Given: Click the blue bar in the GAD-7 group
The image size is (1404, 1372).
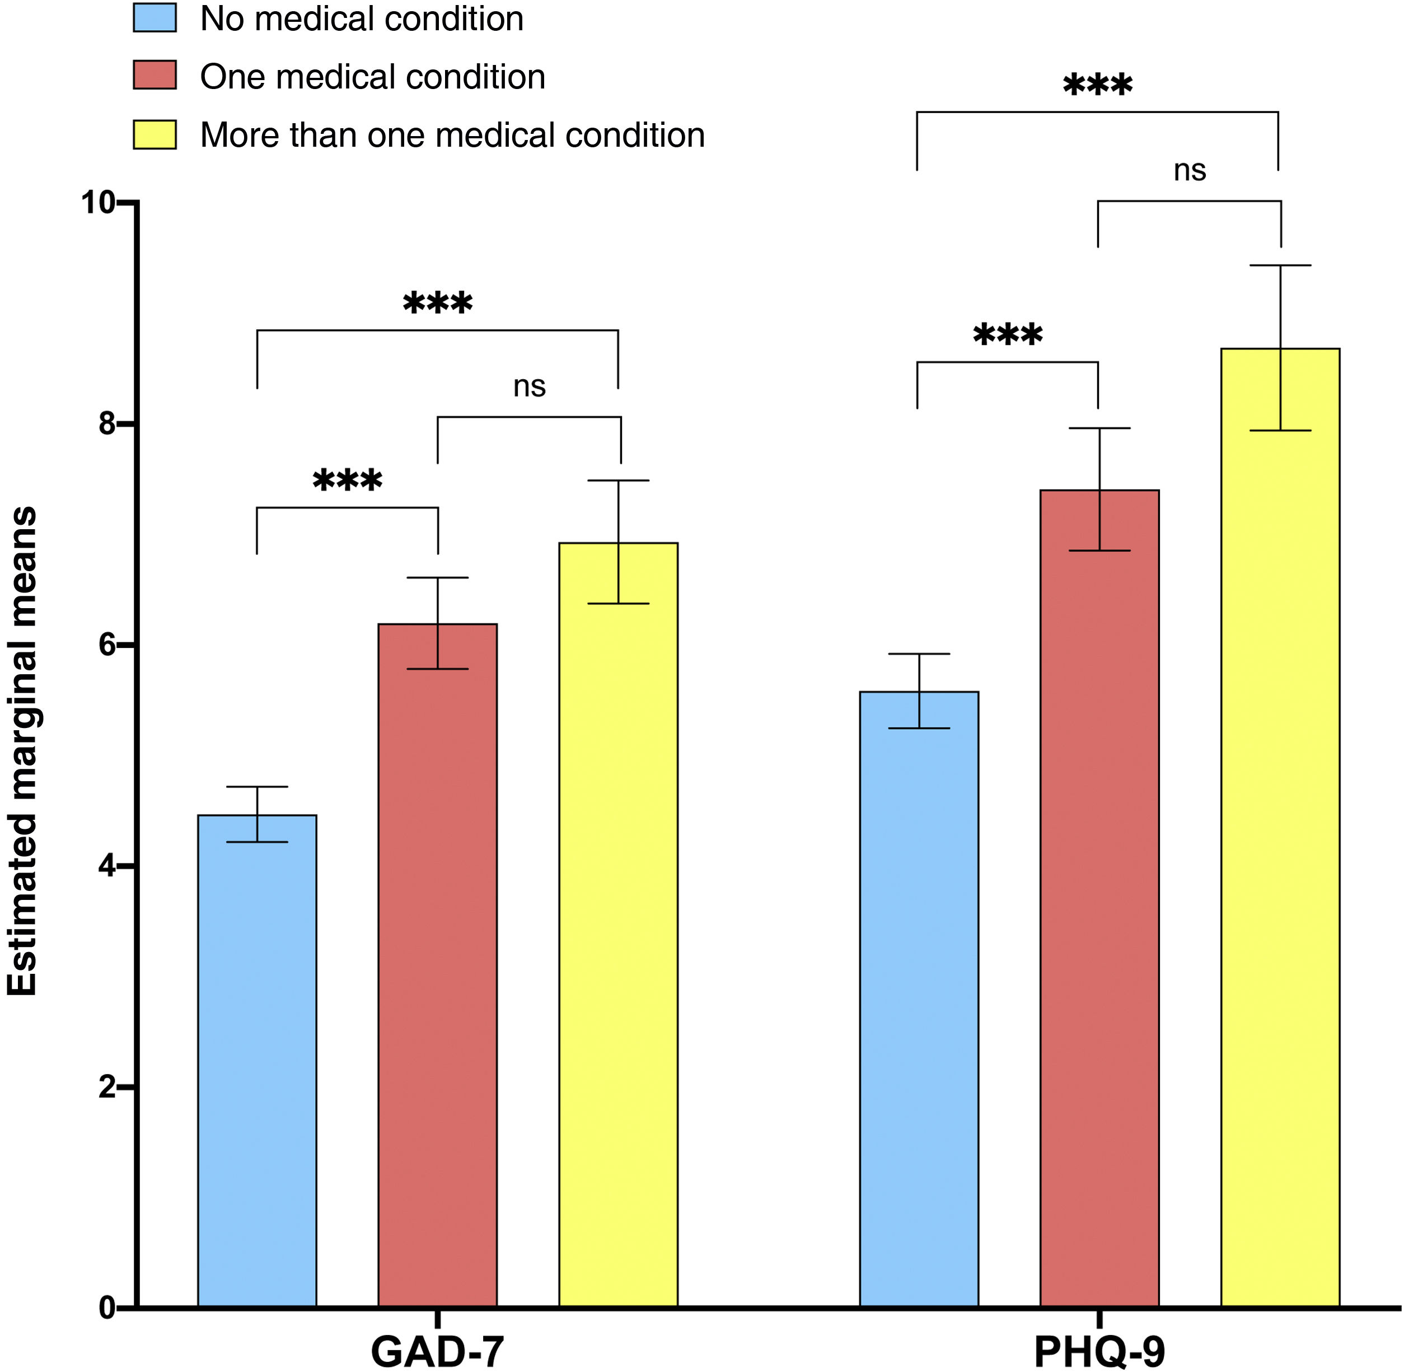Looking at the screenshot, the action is point(257,1061).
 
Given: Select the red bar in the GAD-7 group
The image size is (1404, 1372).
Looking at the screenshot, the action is point(438,965).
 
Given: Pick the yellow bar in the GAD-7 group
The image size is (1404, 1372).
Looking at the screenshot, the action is point(619,925).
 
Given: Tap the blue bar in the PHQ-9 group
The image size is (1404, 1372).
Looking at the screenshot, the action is point(919,1000).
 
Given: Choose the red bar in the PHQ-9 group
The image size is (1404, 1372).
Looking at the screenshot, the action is point(1100,899).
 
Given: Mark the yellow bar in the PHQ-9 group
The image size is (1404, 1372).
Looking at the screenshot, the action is point(1281,828).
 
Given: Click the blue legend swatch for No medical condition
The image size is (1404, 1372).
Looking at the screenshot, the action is point(155,18).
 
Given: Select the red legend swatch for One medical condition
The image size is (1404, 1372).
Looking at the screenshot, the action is point(155,76).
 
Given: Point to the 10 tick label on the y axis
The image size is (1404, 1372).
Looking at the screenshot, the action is point(99,203).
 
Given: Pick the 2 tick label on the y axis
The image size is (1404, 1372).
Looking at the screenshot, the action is point(107,1086).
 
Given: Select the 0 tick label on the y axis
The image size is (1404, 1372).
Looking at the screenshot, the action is point(107,1308).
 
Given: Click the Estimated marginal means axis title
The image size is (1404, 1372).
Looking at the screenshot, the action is point(22,752).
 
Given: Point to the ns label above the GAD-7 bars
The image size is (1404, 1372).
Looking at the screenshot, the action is point(530,387).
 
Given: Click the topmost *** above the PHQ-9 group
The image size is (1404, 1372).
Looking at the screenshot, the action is point(1098,85).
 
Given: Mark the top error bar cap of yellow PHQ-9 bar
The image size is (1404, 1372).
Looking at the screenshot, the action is point(1280,265).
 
